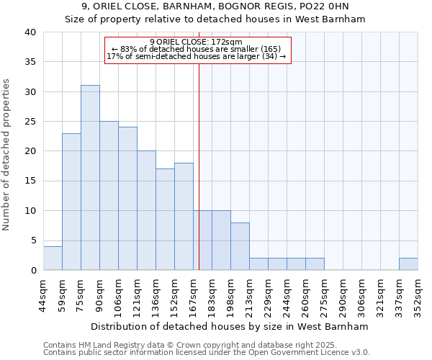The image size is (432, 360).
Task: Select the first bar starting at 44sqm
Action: pyautogui.click(x=53, y=258)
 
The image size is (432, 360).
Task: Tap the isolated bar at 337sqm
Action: pyautogui.click(x=408, y=264)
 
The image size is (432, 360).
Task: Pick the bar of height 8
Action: pyautogui.click(x=240, y=246)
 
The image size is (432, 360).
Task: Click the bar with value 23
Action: pyautogui.click(x=71, y=202)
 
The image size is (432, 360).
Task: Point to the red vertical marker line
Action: pyautogui.click(x=199, y=166)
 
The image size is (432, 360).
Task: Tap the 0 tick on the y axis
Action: pyautogui.click(x=33, y=270)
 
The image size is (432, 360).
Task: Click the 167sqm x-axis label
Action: pyautogui.click(x=193, y=292)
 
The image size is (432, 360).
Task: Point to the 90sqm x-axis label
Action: pyautogui.click(x=99, y=291)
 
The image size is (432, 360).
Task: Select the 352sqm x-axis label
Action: pyautogui.click(x=418, y=292)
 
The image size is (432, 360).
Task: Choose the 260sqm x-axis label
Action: pyautogui.click(x=305, y=292)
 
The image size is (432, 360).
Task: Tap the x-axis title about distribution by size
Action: pyautogui.click(x=230, y=326)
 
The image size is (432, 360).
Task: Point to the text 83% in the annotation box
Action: pyautogui.click(x=129, y=49)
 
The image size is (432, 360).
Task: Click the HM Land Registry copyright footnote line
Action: pyautogui.click(x=180, y=345)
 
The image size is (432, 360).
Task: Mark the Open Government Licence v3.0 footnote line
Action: pyautogui.click(x=206, y=352)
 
